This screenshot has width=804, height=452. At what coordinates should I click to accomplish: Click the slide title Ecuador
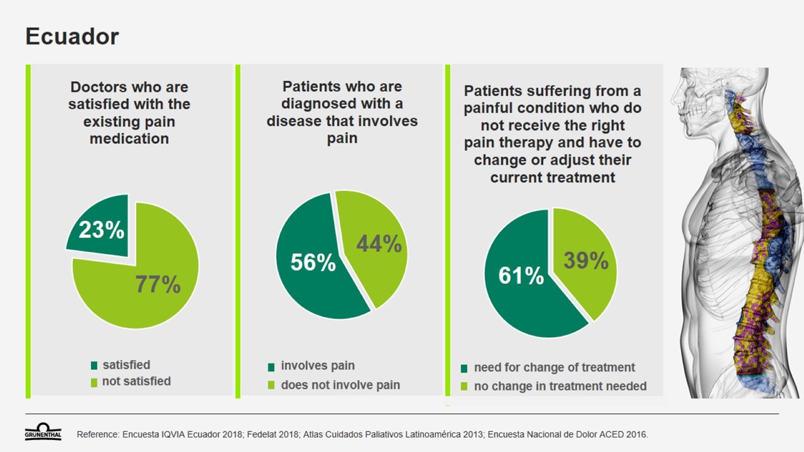tap(72, 36)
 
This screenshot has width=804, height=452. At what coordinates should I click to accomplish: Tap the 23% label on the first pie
tap(101, 230)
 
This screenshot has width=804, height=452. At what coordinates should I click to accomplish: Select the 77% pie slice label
tap(158, 285)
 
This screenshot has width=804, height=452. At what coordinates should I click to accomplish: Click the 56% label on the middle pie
tap(313, 262)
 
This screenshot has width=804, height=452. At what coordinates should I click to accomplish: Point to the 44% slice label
tap(379, 244)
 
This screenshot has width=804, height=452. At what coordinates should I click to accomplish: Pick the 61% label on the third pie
tap(521, 275)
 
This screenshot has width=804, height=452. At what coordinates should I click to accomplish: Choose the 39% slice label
tap(585, 261)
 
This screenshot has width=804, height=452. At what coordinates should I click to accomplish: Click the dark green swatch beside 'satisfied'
tap(94, 365)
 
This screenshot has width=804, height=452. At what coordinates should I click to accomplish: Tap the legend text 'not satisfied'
tap(136, 381)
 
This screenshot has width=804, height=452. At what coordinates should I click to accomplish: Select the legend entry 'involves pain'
tap(317, 365)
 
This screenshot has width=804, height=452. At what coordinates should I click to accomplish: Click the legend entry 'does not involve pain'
tap(340, 385)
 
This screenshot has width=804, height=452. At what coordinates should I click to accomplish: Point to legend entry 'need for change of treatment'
tap(554, 367)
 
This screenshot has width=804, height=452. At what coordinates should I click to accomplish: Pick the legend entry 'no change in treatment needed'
tap(560, 386)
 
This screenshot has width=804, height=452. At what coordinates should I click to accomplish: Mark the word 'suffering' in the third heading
tap(552, 92)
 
